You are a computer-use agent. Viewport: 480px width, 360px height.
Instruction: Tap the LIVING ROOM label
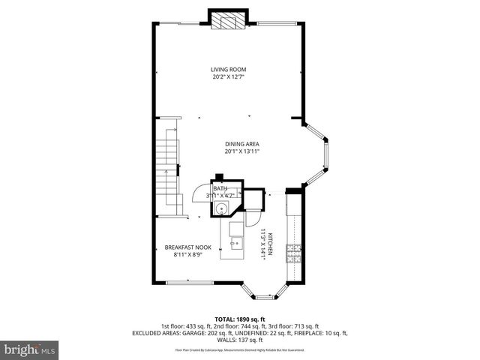228,69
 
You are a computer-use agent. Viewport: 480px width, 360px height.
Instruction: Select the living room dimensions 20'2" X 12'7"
228,76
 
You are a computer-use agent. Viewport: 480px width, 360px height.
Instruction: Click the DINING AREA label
242,144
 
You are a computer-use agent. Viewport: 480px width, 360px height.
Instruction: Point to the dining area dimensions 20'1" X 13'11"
242,151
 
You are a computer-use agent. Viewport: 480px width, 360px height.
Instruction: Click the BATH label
219,189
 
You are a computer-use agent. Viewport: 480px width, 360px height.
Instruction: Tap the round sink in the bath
222,208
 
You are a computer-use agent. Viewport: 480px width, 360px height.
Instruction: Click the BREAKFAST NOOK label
188,247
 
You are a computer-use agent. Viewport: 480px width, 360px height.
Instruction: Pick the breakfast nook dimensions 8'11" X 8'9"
188,253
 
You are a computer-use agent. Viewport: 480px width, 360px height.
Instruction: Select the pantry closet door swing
254,217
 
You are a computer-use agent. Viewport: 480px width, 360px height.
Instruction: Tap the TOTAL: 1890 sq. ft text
240,319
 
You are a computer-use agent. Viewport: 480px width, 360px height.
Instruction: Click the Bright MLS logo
30,349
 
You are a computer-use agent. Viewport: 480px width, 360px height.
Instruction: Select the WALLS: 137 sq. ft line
240,340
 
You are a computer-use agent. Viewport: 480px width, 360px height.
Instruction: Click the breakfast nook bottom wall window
188,282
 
